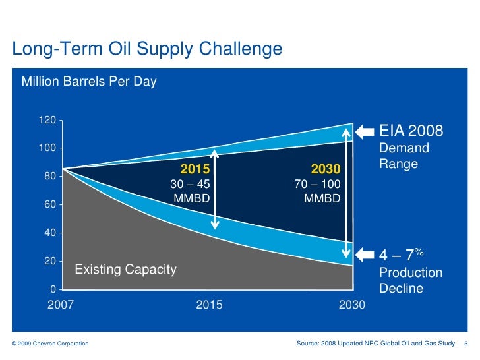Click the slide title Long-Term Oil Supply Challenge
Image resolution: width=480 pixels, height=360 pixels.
tap(147, 49)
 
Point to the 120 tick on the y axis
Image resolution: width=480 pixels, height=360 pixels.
tap(46, 121)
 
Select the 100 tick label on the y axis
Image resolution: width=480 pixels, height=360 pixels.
tap(46, 148)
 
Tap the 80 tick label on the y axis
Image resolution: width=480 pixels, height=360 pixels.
tap(49, 177)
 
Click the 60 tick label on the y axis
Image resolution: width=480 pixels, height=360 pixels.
tap(49, 205)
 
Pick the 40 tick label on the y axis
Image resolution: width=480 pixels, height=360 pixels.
tap(49, 233)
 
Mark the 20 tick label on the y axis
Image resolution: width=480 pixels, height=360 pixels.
tap(49, 261)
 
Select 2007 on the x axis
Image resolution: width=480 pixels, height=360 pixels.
tap(60, 305)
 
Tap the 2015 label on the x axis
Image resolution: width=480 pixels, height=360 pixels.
tap(209, 305)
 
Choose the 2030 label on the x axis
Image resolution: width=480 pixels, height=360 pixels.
tap(351, 305)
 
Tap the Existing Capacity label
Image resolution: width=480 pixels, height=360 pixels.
tap(125, 269)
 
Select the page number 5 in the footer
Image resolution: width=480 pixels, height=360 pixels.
tap(466, 344)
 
